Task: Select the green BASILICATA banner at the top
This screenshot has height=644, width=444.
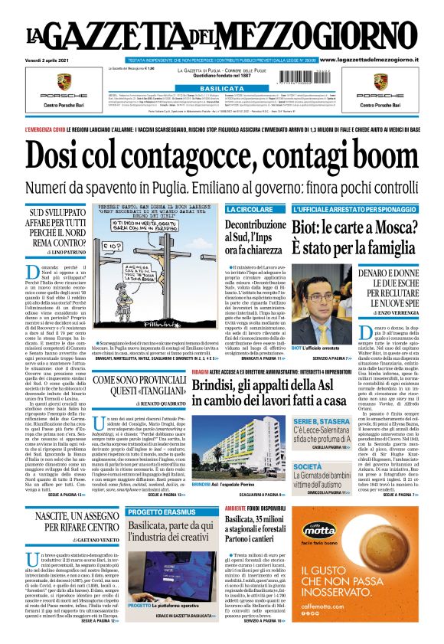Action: (x=221, y=89)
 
